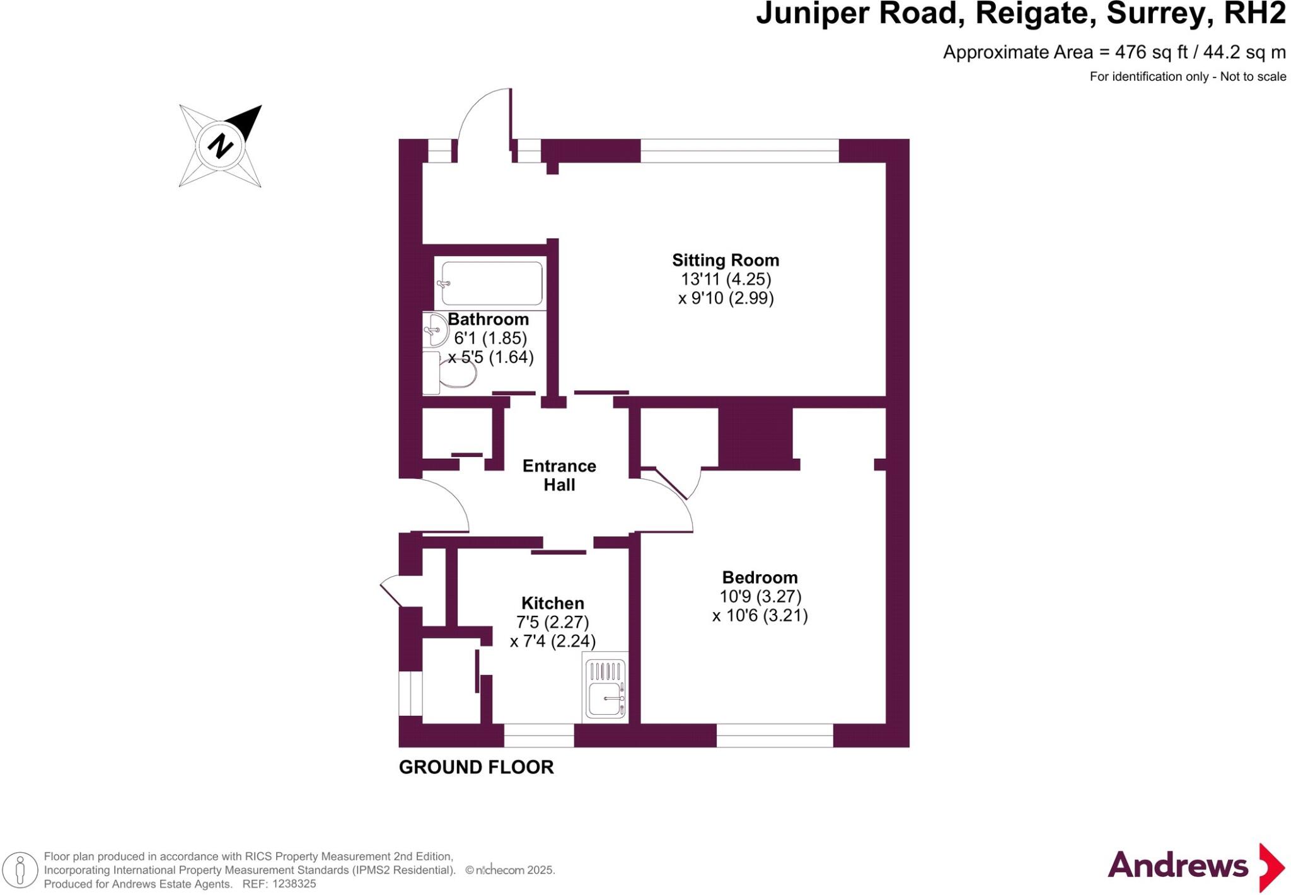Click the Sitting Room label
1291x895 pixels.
[726, 260]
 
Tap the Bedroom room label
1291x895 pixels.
[760, 577]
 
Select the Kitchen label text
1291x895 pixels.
[553, 603]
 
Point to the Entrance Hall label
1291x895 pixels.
[559, 475]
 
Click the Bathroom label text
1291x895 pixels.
[488, 319]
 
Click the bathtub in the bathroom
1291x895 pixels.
[492, 284]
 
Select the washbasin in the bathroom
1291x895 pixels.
[435, 330]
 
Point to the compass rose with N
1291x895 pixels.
[220, 146]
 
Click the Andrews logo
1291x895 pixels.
[1196, 867]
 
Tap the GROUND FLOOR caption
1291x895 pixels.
[476, 767]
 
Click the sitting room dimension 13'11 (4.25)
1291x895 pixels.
[726, 279]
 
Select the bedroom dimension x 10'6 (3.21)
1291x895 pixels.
[760, 616]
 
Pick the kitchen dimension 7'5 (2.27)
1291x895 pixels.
[553, 623]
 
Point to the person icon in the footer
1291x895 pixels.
[20, 871]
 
